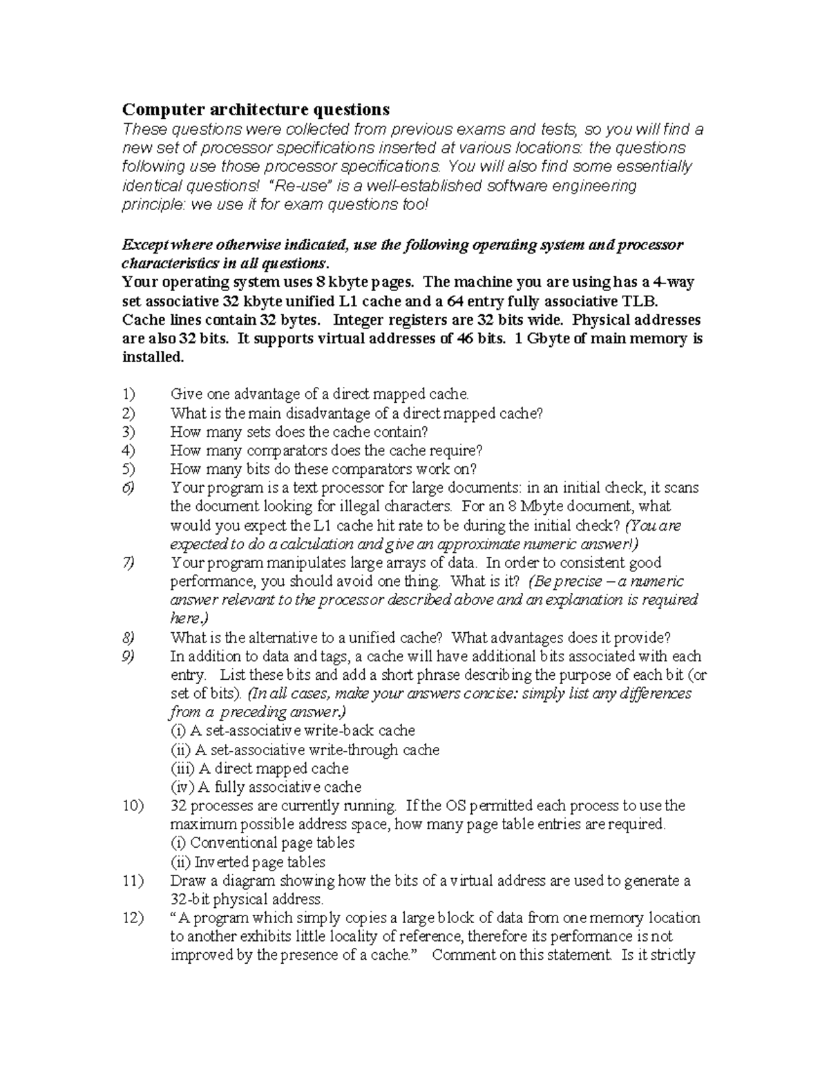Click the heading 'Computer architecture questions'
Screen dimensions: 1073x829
coord(256,109)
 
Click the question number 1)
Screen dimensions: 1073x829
coord(128,395)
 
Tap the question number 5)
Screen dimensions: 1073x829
coord(128,469)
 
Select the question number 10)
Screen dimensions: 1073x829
coord(132,806)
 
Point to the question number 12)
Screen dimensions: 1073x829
coord(132,918)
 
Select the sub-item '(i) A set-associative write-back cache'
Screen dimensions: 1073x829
coord(293,731)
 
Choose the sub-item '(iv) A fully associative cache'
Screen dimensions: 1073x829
coord(266,787)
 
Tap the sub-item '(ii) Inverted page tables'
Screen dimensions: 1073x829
coord(248,862)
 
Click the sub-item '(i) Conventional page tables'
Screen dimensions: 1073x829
coord(263,843)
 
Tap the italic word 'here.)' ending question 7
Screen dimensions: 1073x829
coord(189,618)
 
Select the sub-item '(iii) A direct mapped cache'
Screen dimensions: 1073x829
coord(260,768)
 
